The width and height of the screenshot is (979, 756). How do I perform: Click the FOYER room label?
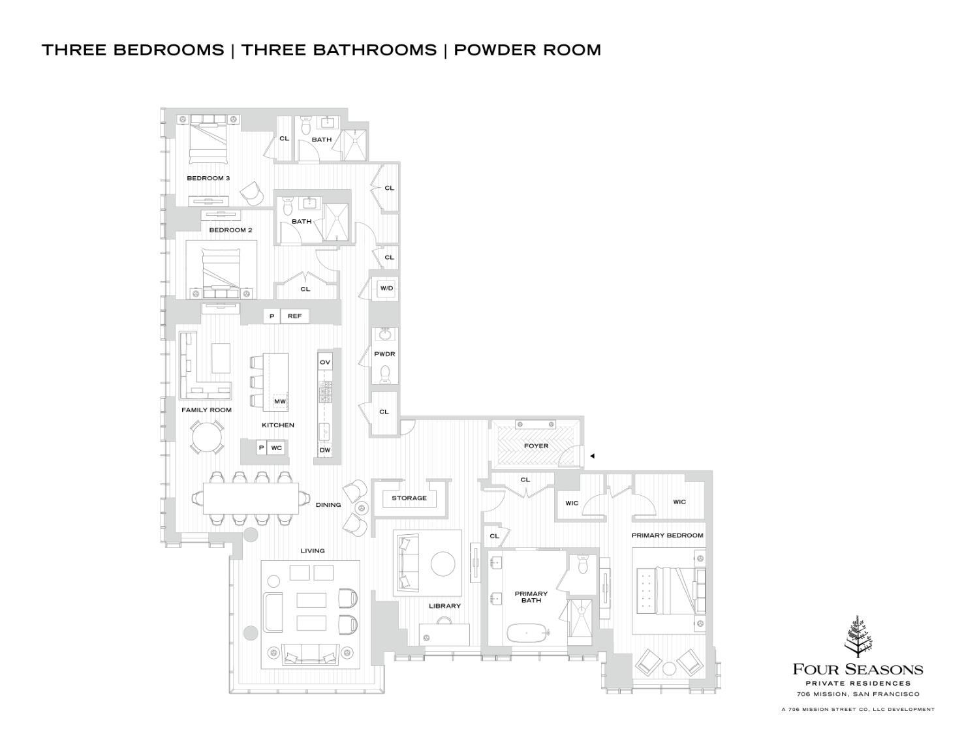[536, 446]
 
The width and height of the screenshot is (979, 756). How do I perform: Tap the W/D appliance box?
[386, 288]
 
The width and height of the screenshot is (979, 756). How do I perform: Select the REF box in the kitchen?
[294, 316]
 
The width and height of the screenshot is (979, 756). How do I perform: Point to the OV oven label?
[324, 362]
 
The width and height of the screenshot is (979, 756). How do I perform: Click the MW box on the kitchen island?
[280, 402]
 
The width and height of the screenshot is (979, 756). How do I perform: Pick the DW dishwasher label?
[324, 450]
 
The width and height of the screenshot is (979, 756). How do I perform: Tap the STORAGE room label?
[409, 498]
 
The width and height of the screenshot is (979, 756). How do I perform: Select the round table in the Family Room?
[206, 436]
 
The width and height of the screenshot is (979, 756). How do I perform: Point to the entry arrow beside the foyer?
[592, 456]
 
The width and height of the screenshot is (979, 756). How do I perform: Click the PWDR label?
[384, 354]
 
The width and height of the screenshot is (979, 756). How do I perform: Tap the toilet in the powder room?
[384, 373]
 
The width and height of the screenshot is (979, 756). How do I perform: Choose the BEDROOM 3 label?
[208, 178]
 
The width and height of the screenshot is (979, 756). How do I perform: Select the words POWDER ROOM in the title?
[527, 50]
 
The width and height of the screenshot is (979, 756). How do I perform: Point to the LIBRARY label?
[444, 606]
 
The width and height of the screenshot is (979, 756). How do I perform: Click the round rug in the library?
[444, 564]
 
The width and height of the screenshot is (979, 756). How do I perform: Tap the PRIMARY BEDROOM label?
[667, 536]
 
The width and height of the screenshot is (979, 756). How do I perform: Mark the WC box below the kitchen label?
[277, 448]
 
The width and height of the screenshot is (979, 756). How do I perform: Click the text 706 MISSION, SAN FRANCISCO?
[858, 694]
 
